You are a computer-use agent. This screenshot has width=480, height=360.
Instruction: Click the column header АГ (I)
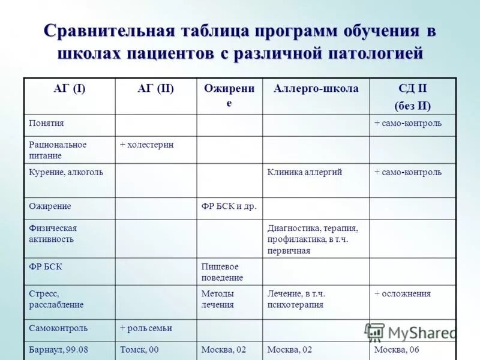(x=69, y=89)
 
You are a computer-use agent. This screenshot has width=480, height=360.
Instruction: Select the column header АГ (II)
(x=155, y=89)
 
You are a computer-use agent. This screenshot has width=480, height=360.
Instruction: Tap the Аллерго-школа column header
(x=316, y=89)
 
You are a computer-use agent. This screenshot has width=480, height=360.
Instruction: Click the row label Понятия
(x=46, y=123)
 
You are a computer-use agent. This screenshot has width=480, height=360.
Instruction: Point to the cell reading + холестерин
(x=146, y=145)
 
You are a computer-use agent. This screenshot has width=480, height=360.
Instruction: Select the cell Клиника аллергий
(x=305, y=172)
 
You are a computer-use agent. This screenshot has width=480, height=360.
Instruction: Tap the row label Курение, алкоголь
(x=66, y=172)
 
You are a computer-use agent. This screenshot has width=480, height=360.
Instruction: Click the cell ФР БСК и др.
(x=229, y=206)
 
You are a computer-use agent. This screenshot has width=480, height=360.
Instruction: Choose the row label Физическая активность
(x=53, y=233)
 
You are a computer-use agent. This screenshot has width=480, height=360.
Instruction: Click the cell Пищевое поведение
(x=222, y=272)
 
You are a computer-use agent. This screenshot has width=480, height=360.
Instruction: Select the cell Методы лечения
(x=218, y=299)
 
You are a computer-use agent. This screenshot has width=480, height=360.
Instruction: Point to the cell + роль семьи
(x=146, y=328)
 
